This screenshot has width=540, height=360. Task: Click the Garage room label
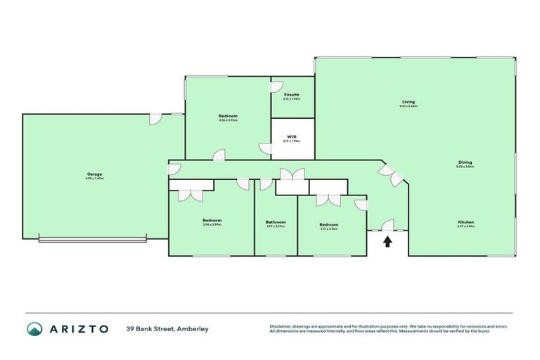(95, 174)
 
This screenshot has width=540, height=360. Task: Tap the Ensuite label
(292, 94)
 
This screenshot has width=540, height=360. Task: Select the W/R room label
(292, 136)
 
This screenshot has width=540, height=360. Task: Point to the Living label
(409, 102)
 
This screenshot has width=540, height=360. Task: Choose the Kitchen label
(466, 222)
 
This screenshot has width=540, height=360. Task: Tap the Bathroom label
(276, 222)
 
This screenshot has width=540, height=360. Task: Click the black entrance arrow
(386, 242)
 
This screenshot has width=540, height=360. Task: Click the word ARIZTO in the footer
(79, 328)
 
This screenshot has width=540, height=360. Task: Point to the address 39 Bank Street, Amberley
(167, 328)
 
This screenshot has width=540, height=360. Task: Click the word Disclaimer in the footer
(282, 326)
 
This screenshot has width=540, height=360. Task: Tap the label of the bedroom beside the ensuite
(228, 116)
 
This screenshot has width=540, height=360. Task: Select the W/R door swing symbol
(265, 148)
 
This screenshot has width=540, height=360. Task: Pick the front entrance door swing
(387, 225)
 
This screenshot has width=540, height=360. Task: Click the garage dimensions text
(95, 178)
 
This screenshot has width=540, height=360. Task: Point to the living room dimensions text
(409, 106)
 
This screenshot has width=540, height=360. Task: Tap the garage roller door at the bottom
(92, 240)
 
